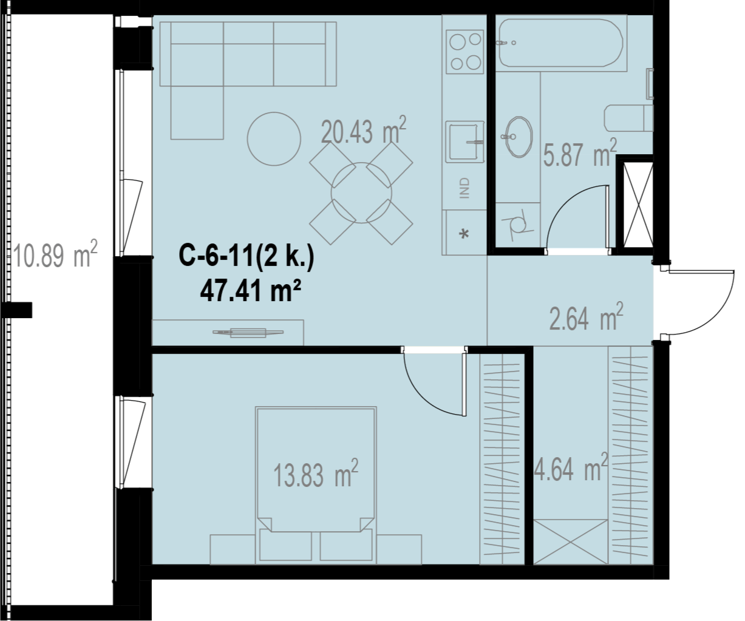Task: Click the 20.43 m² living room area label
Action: (x=363, y=131)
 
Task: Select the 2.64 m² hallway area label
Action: (x=586, y=317)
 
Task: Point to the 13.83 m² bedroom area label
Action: (x=315, y=473)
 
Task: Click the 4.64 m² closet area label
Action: (x=571, y=467)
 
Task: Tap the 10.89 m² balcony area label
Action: (x=55, y=254)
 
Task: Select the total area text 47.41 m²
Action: (x=251, y=291)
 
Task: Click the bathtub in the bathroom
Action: (x=561, y=43)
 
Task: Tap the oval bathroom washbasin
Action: (x=519, y=137)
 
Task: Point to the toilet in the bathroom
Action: (x=628, y=118)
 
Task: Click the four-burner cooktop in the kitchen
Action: (x=465, y=52)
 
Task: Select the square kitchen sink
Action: (x=464, y=141)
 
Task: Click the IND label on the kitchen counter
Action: (x=464, y=188)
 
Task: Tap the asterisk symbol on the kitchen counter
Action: (x=464, y=234)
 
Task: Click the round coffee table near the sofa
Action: (x=274, y=139)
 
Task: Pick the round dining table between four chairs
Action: (x=361, y=193)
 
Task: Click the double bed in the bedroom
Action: (x=316, y=485)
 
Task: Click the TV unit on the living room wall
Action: (x=248, y=333)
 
